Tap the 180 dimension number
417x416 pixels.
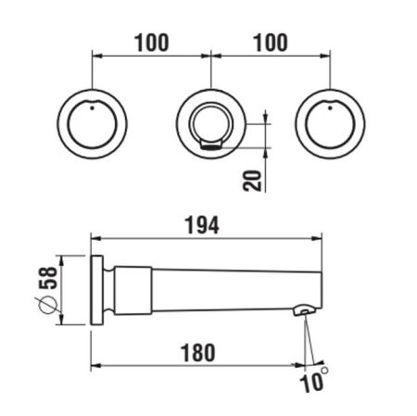(x=198, y=353)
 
